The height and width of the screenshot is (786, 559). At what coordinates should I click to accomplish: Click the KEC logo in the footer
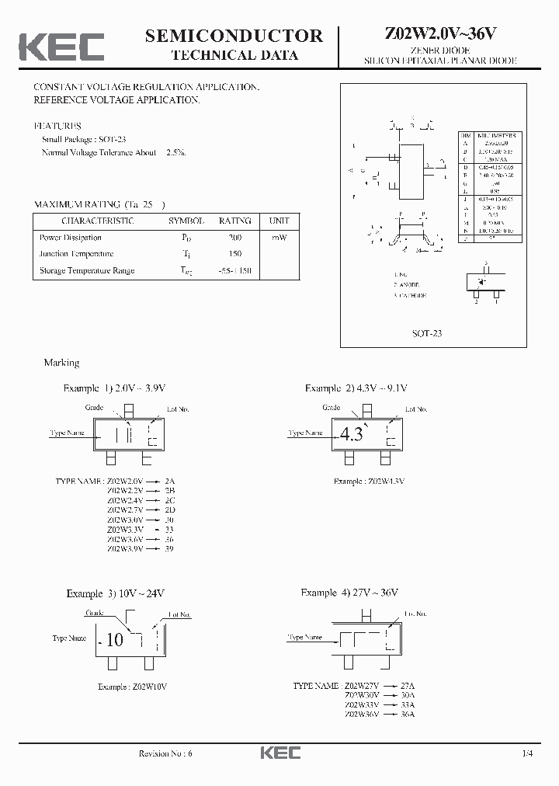pos(279,753)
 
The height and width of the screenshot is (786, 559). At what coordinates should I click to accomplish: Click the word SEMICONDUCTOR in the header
pos(234,35)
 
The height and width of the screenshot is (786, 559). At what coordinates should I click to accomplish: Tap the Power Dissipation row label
pos(70,238)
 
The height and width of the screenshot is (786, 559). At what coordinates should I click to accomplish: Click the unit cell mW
pos(279,238)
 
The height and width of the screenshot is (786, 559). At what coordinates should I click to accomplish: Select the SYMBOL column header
pos(186,221)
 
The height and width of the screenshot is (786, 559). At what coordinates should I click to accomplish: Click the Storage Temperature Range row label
pos(87,270)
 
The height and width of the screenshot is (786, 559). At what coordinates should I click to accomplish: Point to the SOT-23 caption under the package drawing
pos(426,333)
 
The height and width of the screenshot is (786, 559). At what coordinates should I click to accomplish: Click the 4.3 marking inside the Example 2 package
pos(351,435)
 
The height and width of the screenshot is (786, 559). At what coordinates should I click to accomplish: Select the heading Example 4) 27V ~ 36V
pos(349,593)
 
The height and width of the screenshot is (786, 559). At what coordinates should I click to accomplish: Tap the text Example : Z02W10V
pos(133,687)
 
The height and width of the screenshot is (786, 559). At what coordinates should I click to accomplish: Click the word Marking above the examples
pos(61,363)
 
